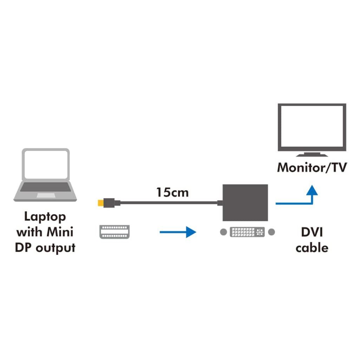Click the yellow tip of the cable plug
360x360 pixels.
[101, 203]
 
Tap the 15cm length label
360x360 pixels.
[172, 192]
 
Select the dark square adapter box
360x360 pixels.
[245, 202]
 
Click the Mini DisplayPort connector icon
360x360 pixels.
[115, 232]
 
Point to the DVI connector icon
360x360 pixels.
[247, 232]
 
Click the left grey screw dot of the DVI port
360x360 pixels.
[223, 232]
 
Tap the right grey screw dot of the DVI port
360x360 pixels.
[271, 232]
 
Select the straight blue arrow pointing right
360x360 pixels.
[178, 232]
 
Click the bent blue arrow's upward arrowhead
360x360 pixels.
[312, 190]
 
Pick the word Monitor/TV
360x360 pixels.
[312, 167]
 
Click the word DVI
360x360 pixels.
[312, 232]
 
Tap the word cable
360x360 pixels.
[312, 248]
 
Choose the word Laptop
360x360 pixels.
[45, 217]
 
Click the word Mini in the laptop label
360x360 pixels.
[60, 232]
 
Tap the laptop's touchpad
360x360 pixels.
[46, 195]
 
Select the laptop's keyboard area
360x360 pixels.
[46, 187]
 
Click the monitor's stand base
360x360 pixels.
[312, 155]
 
